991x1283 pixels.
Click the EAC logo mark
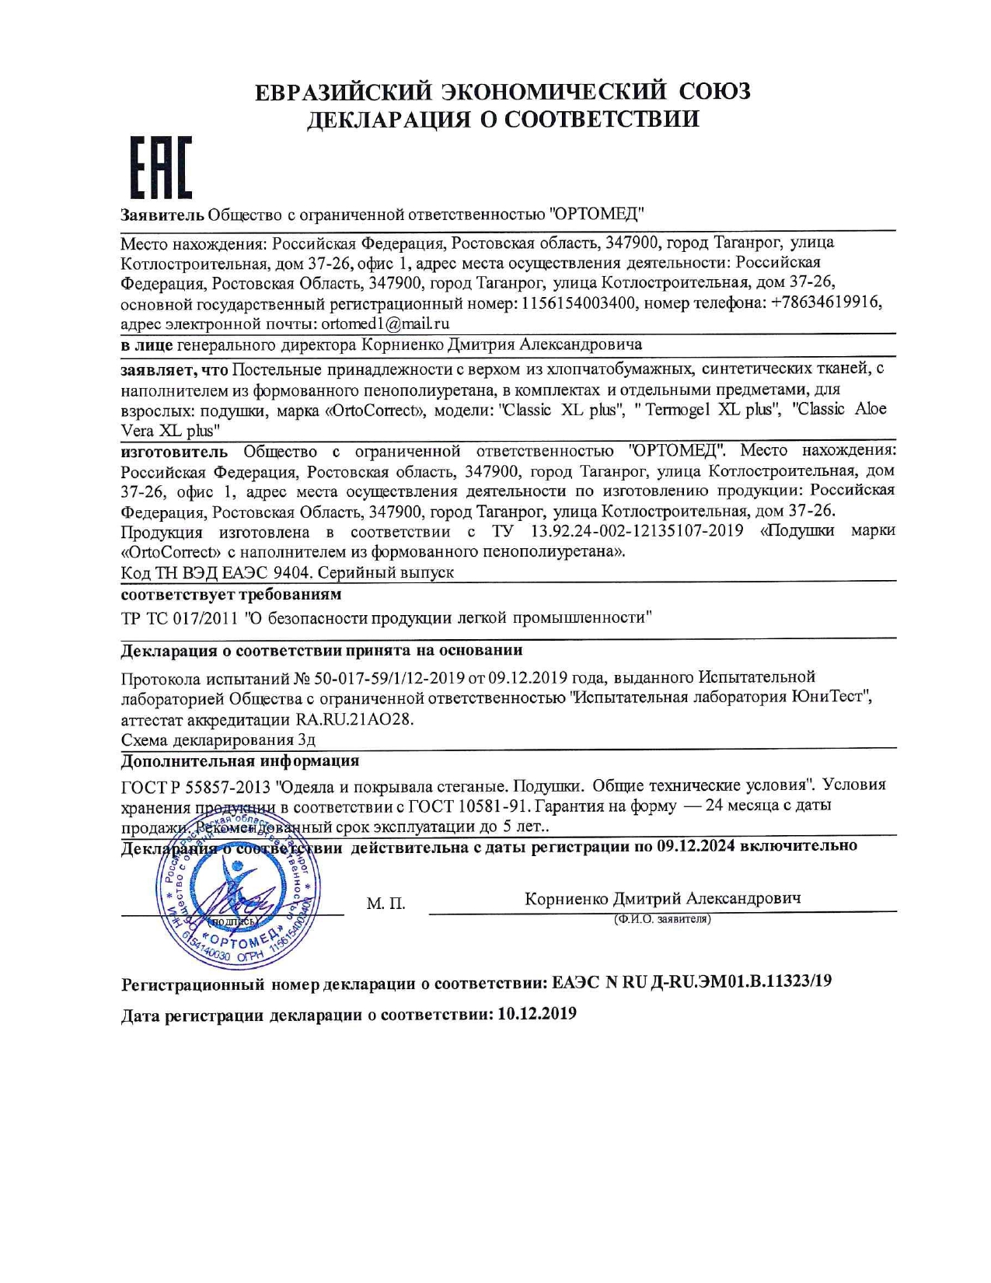click(160, 168)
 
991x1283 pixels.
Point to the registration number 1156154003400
click(578, 303)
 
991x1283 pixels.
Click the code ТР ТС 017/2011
click(180, 617)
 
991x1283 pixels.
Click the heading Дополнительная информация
click(239, 760)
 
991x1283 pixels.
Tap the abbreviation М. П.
click(386, 904)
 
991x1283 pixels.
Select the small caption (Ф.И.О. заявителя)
click(662, 919)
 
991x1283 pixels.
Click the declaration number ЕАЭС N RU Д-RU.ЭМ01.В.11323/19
click(692, 981)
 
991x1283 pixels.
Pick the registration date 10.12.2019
click(537, 1014)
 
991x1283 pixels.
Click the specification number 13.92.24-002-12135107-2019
click(637, 531)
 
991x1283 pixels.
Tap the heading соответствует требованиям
click(231, 595)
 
